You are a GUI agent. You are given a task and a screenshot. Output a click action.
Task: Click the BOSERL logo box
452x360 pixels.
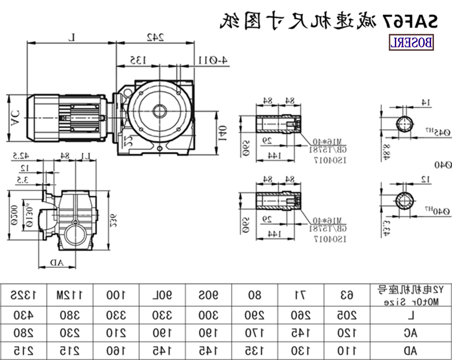[411, 41]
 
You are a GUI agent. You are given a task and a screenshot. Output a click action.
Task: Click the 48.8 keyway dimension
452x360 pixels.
[386, 151]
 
